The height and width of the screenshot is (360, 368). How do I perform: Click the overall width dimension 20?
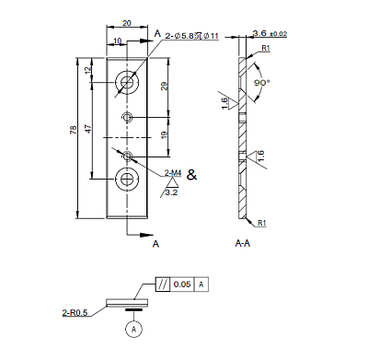click(x=126, y=22)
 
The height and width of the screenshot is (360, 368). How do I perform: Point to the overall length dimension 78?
click(x=73, y=131)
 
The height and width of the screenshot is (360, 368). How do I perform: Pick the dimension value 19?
click(x=163, y=135)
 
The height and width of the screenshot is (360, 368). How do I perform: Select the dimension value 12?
click(x=88, y=71)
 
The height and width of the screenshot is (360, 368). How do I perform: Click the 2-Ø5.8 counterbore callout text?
click(x=191, y=36)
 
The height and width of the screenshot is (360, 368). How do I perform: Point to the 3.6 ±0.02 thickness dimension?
click(x=269, y=33)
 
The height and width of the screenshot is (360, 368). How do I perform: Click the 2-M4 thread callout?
click(x=172, y=172)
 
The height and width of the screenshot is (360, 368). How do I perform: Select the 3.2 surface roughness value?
click(x=171, y=192)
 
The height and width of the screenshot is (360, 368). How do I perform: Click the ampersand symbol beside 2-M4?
click(x=191, y=173)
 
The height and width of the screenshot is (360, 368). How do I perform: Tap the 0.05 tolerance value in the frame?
click(x=181, y=285)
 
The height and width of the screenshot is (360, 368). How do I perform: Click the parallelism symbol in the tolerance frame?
click(x=162, y=285)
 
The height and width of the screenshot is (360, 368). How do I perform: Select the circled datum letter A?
click(x=134, y=329)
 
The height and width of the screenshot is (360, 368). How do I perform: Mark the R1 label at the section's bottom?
click(x=262, y=223)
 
